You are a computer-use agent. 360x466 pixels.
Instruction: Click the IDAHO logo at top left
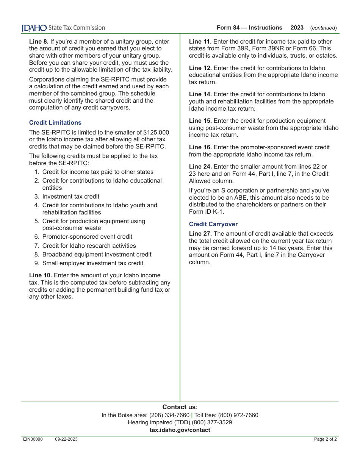coord(34,28)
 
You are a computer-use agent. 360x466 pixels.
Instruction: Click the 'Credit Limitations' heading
coord(55,123)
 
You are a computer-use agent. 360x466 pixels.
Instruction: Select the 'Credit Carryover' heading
coord(213,224)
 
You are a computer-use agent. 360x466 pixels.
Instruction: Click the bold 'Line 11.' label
coord(200,42)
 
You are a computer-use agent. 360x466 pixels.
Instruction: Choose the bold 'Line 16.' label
coord(200,147)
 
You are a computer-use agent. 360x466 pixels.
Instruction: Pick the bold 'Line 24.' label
coord(200,167)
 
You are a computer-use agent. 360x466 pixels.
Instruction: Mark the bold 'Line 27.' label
coord(200,234)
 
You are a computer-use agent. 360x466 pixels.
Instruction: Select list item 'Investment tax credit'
coord(71,197)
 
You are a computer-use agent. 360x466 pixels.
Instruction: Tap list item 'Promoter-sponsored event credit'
coord(87,237)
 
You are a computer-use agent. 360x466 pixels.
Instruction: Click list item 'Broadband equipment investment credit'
coord(97,255)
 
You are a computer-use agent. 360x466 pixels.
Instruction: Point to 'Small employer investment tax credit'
coord(93,263)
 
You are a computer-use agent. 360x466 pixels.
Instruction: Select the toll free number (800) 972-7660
coord(238,415)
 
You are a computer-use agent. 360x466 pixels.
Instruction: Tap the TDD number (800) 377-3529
coord(212,422)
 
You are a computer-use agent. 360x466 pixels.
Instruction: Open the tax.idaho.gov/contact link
coord(180,430)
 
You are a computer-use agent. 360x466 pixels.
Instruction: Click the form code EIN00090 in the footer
coord(33,439)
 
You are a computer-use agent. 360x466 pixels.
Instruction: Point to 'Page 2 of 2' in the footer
coord(326,439)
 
